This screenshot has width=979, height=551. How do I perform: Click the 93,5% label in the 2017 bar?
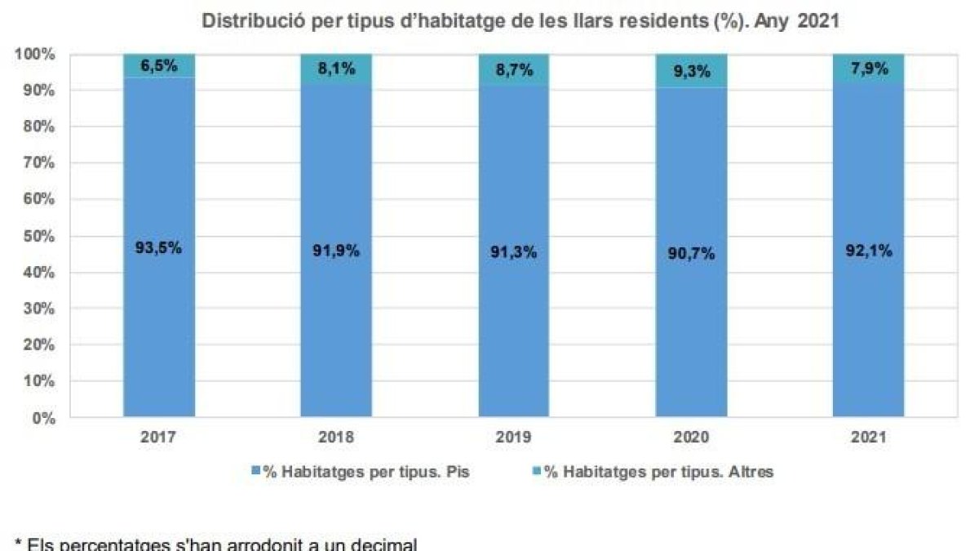point(159,249)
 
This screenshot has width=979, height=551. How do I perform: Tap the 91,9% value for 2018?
point(336,251)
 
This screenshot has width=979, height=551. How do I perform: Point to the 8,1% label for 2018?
point(336,69)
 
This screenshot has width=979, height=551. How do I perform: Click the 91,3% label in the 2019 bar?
point(514,252)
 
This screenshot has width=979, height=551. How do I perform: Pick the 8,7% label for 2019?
point(514,70)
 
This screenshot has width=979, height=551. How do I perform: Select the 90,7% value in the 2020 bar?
point(691,254)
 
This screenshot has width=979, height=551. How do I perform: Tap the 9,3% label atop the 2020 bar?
point(691,71)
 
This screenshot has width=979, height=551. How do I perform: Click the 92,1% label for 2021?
point(869,251)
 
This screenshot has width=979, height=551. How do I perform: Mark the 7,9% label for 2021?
point(869,69)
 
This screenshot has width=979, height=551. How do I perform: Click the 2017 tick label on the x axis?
point(159,438)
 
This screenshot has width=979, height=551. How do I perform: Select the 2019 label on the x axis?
point(514,438)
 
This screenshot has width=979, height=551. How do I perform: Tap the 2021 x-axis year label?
point(869,438)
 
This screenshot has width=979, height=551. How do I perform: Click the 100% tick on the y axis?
point(35,55)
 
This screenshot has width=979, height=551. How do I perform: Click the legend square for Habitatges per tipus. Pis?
point(256,472)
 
